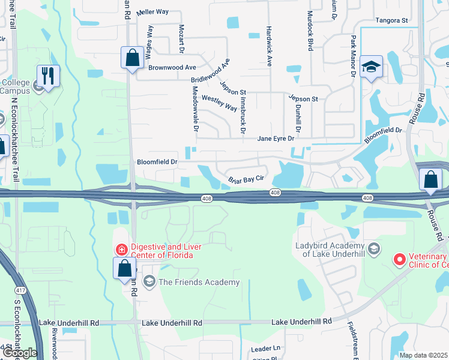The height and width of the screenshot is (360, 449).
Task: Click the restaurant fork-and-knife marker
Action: tap(48, 76)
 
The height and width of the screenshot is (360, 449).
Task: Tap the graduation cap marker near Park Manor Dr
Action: tap(372, 67)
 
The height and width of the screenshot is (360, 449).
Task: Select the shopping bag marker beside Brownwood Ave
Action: tap(132, 58)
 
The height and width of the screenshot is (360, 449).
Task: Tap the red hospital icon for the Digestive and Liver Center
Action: tap(121, 248)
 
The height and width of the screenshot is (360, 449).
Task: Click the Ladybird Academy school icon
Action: tap(373, 248)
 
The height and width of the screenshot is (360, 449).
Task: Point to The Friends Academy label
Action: tap(199, 282)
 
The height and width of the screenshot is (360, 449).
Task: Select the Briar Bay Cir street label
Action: tap(246, 179)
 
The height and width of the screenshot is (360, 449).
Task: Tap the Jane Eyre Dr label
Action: tap(276, 139)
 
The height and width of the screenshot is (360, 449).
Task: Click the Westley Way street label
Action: tap(219, 103)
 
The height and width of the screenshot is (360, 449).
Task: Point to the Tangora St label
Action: tap(391, 20)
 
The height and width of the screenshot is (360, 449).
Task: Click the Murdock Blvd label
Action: tap(310, 30)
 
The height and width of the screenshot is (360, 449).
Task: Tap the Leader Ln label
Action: tap(266, 348)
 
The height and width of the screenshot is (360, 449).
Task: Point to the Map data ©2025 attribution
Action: tap(424, 355)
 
